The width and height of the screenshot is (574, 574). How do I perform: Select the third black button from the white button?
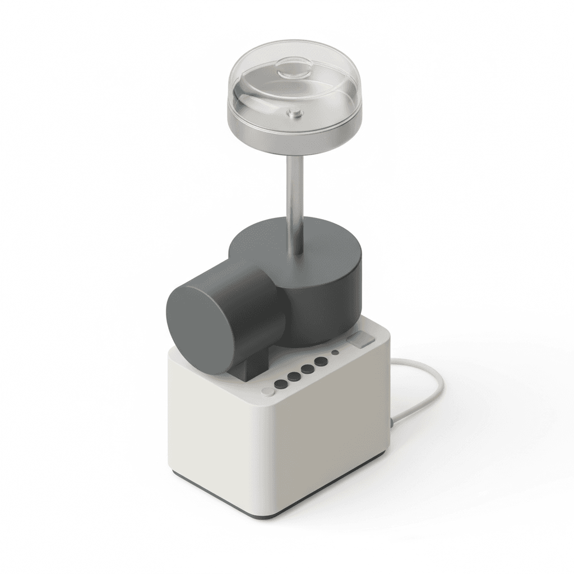point(307,369)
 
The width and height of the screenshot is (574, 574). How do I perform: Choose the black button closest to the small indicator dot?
point(320,362)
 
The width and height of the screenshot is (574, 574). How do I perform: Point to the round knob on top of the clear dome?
point(296,72)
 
